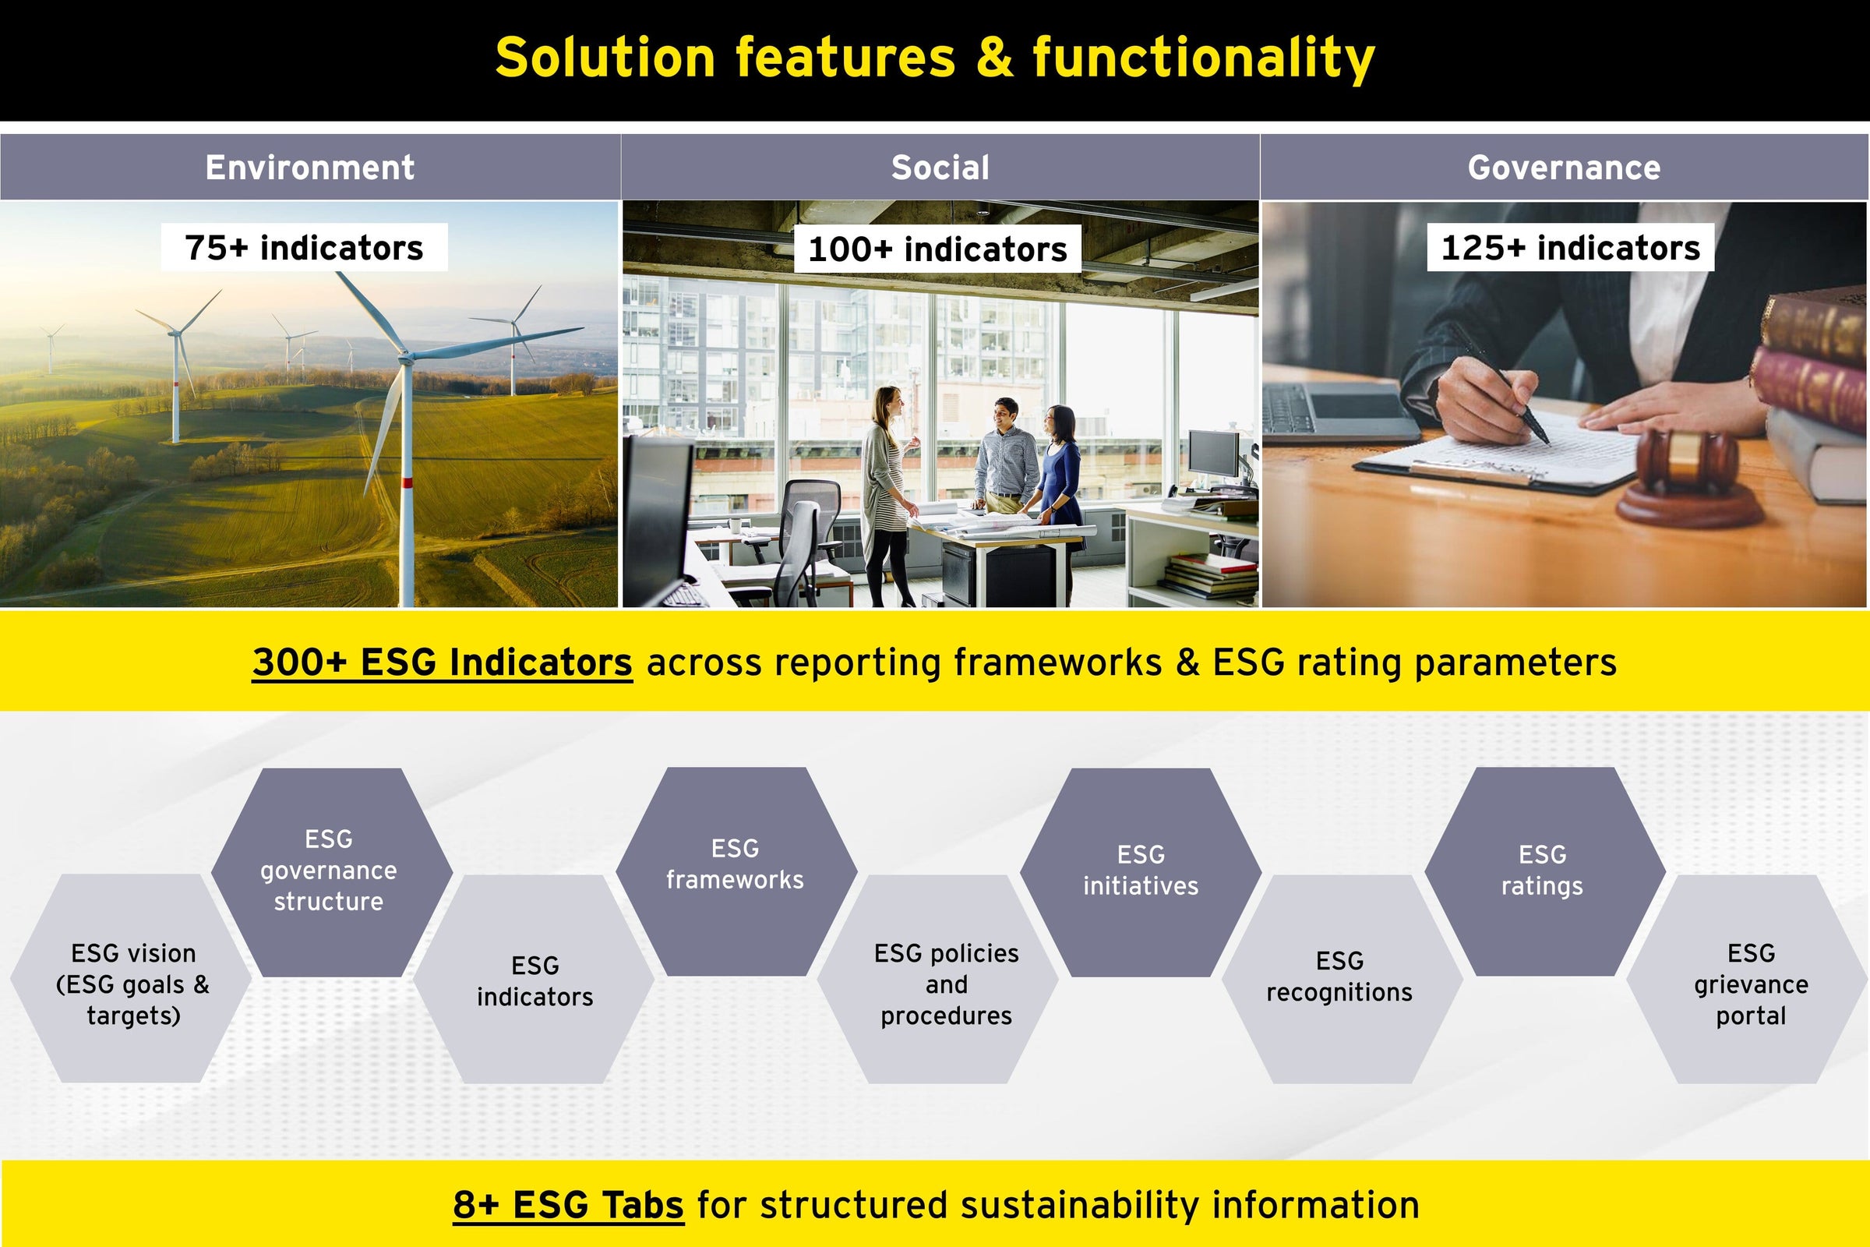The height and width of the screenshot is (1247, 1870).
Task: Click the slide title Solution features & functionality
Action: (x=935, y=58)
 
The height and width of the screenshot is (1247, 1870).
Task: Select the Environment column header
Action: (x=310, y=167)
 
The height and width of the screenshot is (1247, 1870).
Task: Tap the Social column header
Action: (x=940, y=167)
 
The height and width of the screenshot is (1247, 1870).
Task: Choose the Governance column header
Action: (x=1565, y=167)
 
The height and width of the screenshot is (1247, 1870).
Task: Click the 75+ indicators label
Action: (x=304, y=247)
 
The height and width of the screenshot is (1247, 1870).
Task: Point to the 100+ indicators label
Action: (x=937, y=249)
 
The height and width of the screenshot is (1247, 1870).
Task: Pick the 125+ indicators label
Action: (x=1570, y=247)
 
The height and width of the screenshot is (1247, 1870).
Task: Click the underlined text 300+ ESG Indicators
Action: (x=442, y=662)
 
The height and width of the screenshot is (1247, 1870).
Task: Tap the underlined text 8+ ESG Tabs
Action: (x=569, y=1205)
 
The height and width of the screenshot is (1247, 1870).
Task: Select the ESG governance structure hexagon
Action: (x=332, y=871)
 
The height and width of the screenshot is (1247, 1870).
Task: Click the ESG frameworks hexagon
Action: (x=736, y=871)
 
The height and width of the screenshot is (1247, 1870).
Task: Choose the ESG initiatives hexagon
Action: (x=1141, y=871)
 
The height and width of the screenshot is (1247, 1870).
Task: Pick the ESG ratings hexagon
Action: (x=1545, y=871)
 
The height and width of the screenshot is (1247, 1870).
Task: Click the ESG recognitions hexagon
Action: (x=1342, y=979)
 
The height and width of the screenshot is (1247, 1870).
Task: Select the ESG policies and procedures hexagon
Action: (x=938, y=979)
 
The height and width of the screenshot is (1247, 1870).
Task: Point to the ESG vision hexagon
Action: (x=130, y=978)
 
